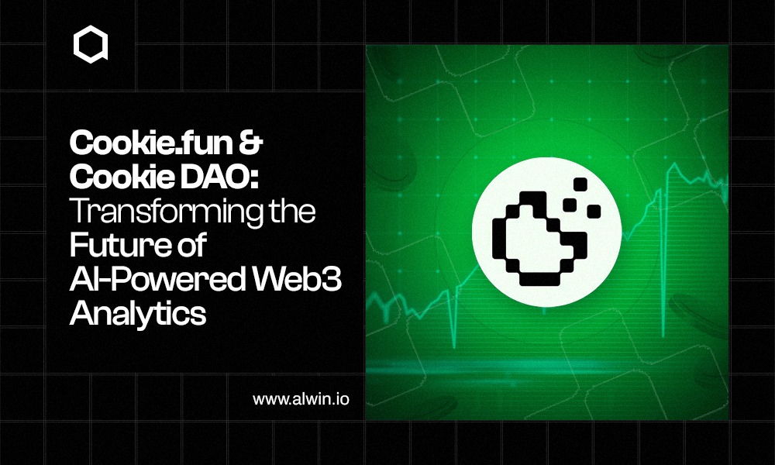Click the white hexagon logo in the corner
tap(91, 44)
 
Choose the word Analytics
tap(138, 314)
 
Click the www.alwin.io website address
tap(301, 399)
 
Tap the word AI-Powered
tap(157, 279)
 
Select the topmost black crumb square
tap(580, 184)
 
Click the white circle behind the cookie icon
tap(547, 232)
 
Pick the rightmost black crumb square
tap(594, 212)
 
